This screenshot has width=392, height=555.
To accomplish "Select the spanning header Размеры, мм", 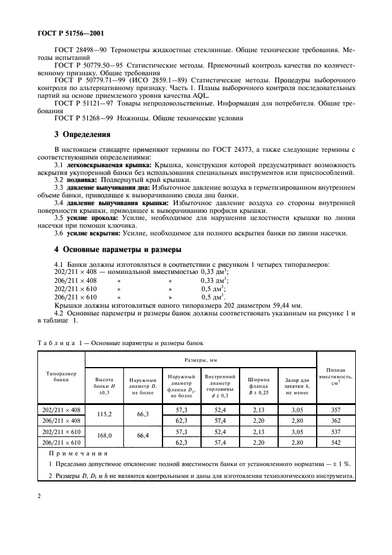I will [202, 359].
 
